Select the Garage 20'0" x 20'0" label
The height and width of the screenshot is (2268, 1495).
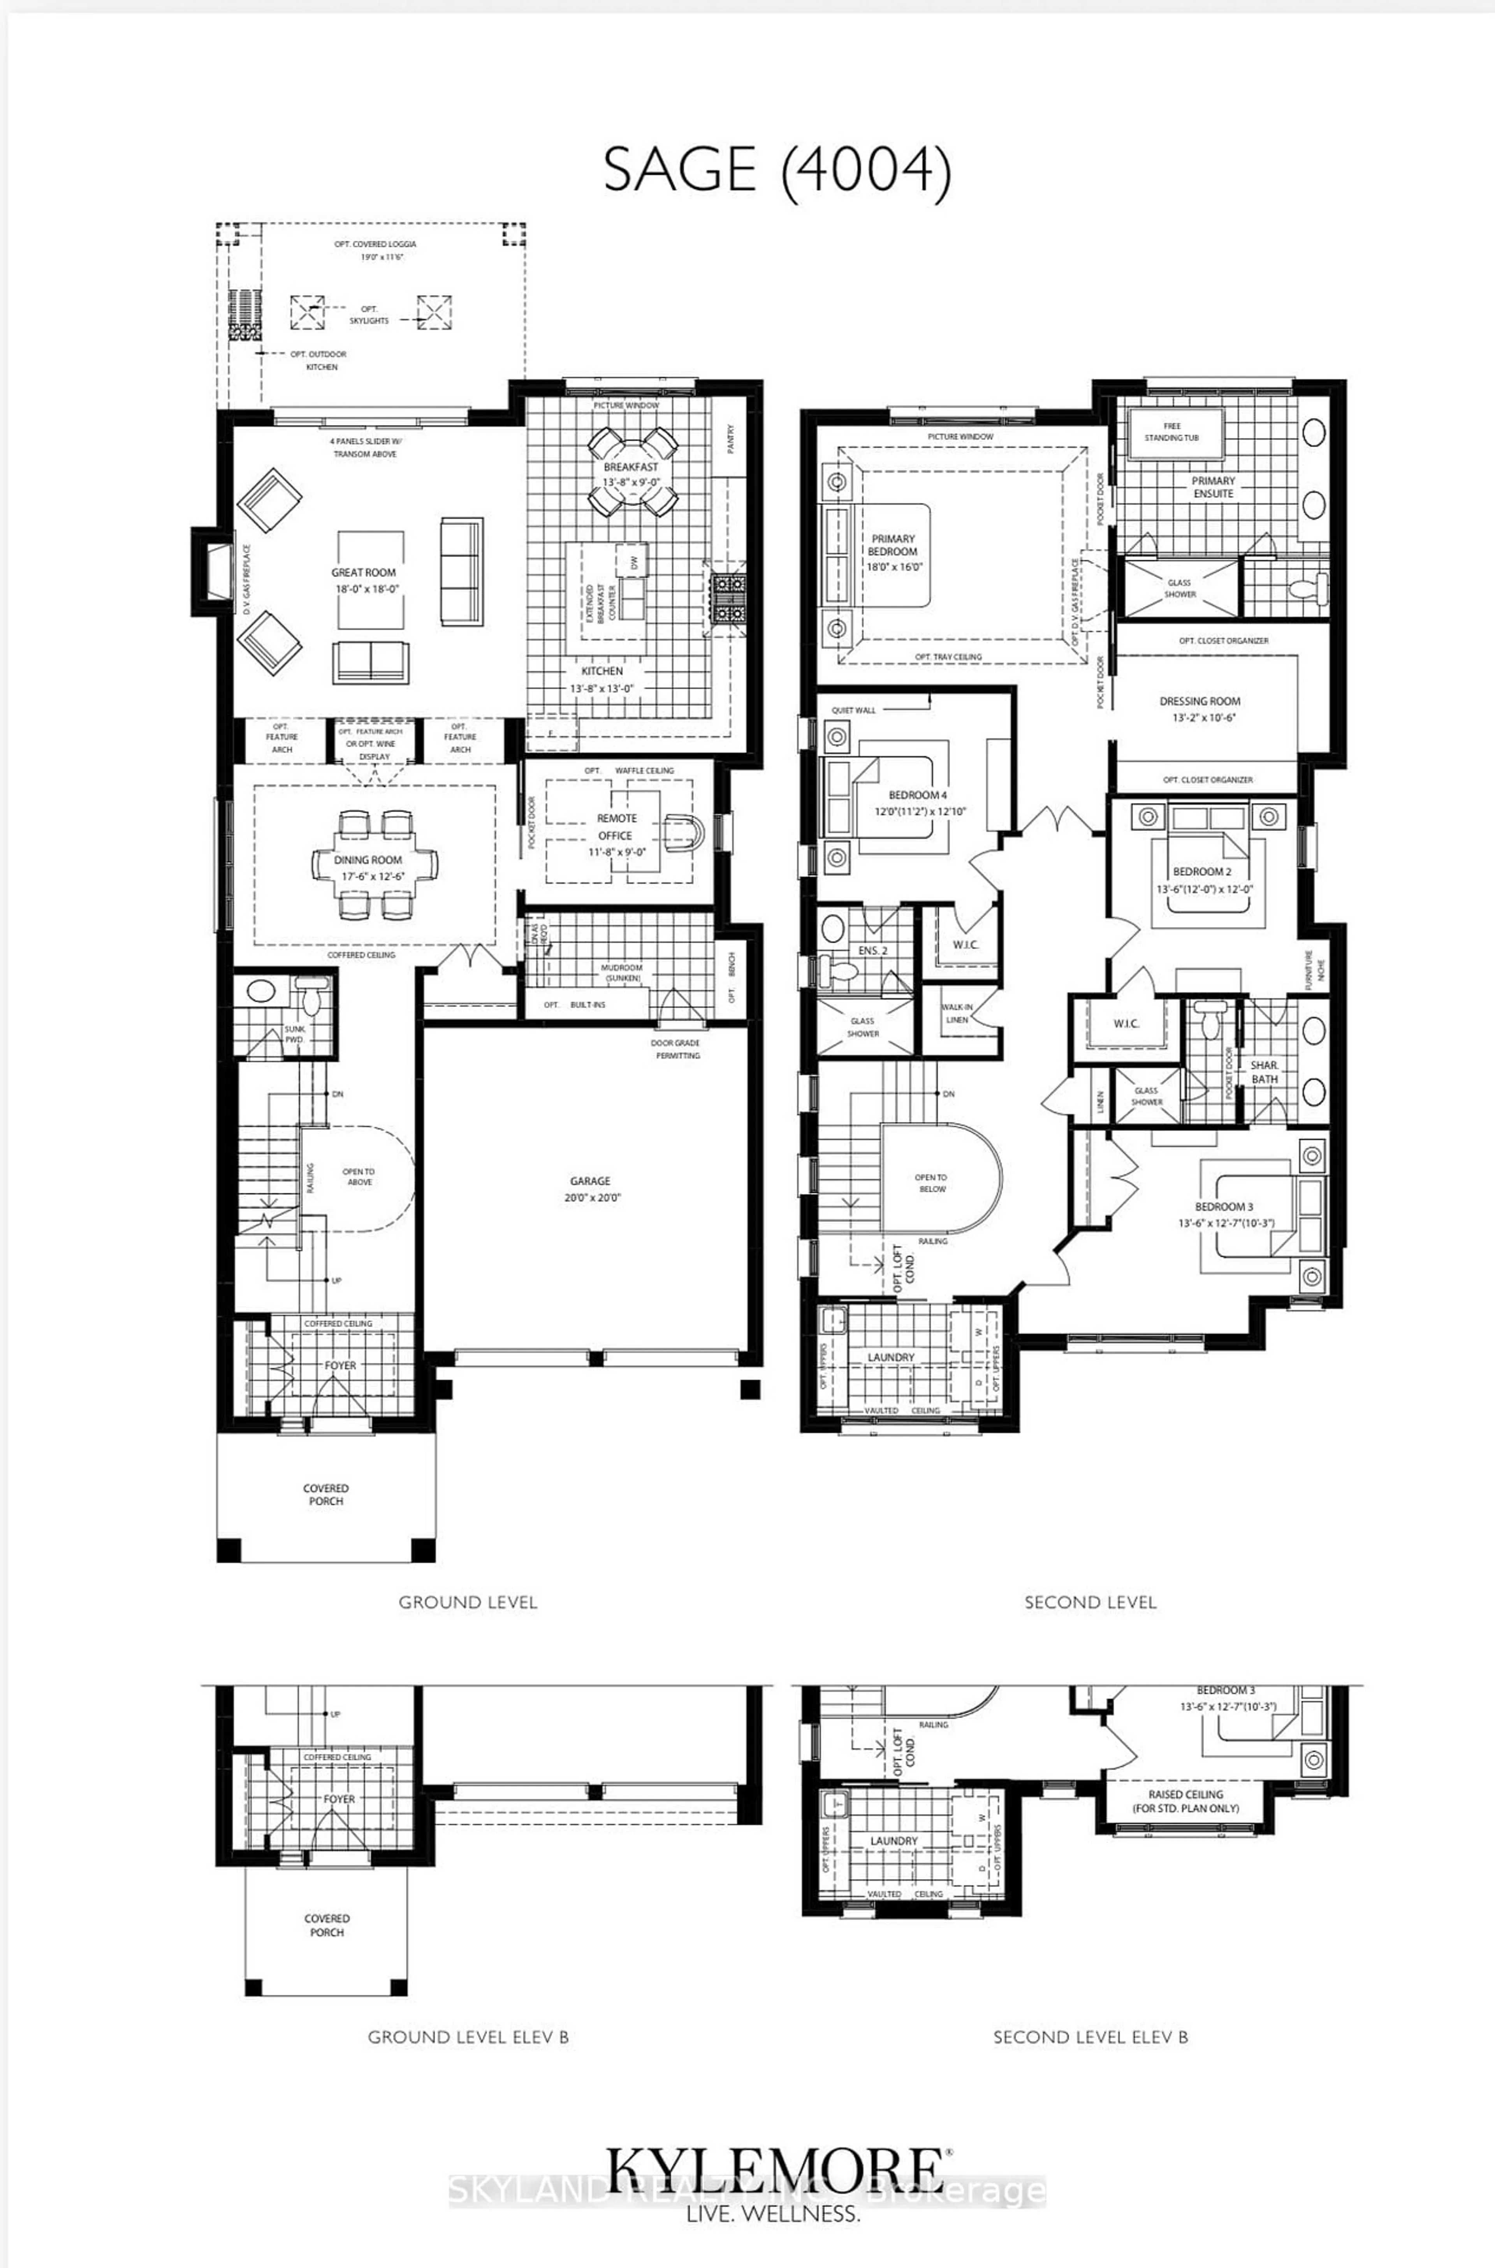pyautogui.click(x=591, y=1189)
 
